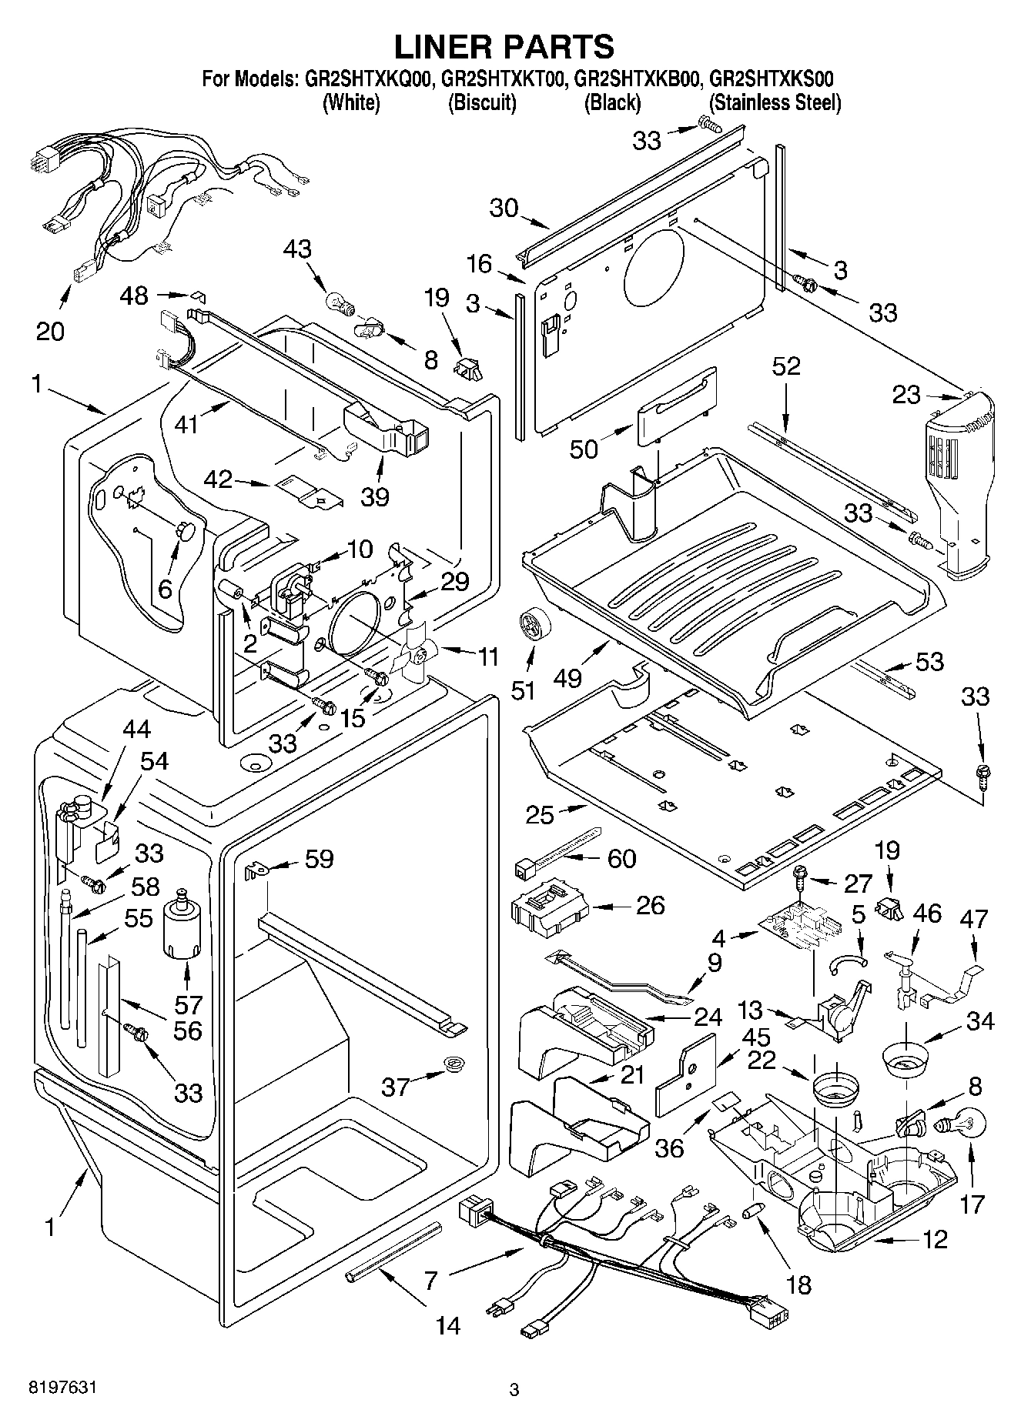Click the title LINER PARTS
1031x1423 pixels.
(x=504, y=47)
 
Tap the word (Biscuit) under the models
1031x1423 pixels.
(x=482, y=103)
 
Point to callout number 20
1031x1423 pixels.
(x=51, y=331)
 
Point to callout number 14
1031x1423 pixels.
(x=448, y=1325)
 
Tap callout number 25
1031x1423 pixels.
(x=540, y=814)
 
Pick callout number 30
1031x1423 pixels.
(x=504, y=208)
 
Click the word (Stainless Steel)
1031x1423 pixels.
(x=774, y=103)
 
